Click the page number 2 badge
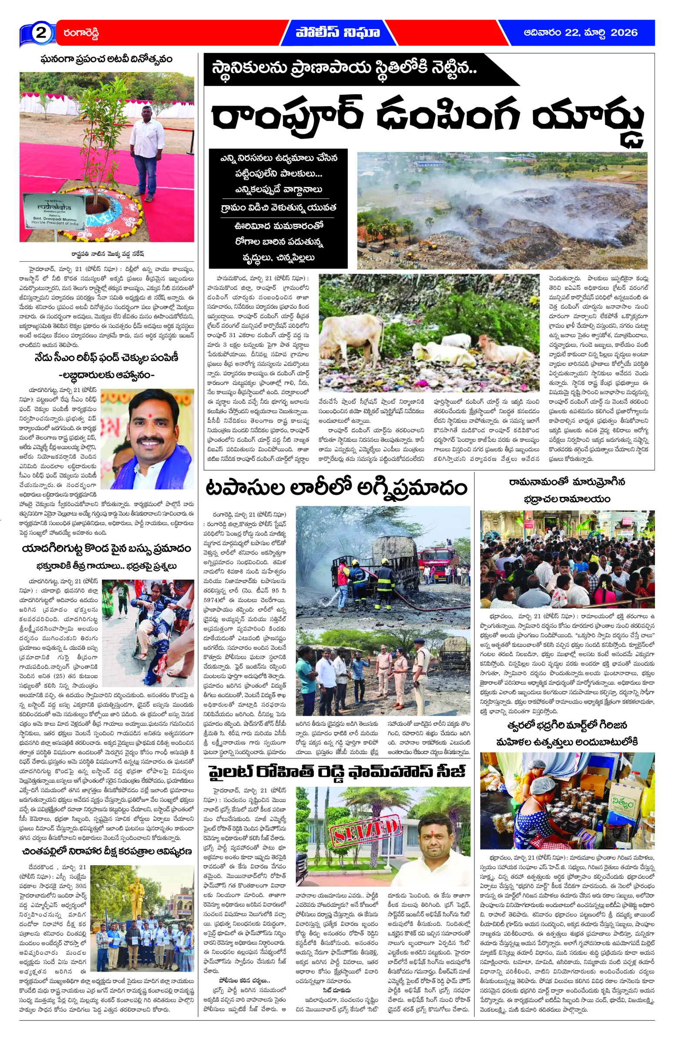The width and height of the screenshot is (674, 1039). (x=40, y=33)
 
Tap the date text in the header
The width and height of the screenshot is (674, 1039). (x=580, y=33)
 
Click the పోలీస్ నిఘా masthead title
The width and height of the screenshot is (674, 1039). (x=337, y=33)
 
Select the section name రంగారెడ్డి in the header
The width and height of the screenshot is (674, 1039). (x=81, y=33)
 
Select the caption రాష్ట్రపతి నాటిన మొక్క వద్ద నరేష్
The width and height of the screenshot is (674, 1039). (x=107, y=253)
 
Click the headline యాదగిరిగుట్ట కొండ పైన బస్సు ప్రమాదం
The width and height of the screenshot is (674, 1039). (x=107, y=548)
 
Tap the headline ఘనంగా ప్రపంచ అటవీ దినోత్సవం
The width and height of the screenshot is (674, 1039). (x=107, y=59)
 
